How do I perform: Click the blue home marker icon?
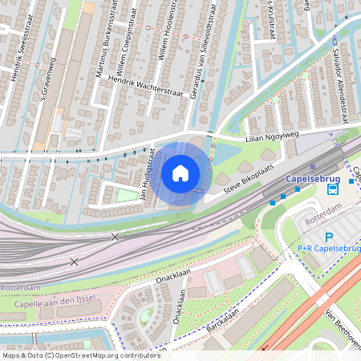180,172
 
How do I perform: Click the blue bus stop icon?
332,189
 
